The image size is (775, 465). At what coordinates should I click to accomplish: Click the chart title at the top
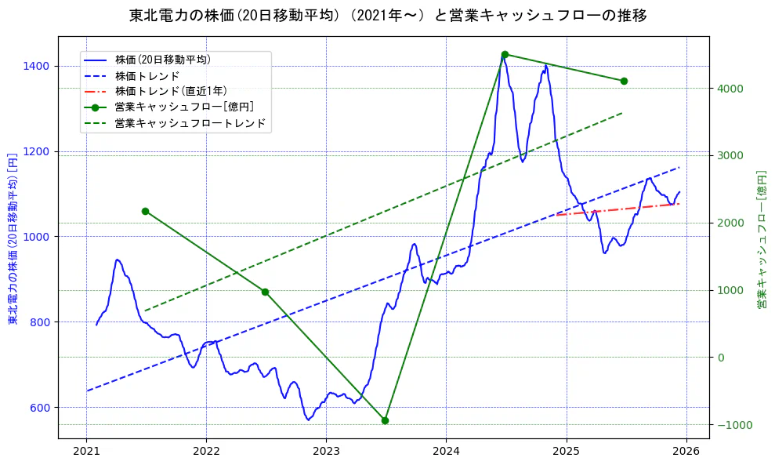(387, 15)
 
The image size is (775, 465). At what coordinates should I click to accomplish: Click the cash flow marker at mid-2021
(145, 211)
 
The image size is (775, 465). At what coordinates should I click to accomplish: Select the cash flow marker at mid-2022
(265, 292)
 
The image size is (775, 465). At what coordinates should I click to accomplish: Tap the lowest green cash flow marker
(385, 420)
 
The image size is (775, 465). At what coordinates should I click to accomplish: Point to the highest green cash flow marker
(505, 54)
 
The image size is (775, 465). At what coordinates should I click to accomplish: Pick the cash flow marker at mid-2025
(624, 81)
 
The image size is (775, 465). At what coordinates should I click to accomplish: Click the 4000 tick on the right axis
(730, 88)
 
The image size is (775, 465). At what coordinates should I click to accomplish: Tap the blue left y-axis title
(13, 238)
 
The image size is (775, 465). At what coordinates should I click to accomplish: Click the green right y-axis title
(761, 238)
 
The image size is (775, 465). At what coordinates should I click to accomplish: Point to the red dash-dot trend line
(619, 208)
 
